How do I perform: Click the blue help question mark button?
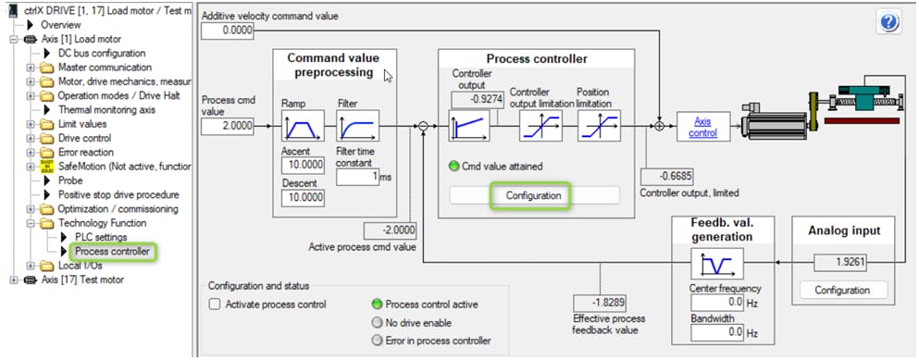[x=888, y=23]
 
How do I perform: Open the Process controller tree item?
[x=113, y=252]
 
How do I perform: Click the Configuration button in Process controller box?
[x=533, y=196]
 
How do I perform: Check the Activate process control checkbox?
[x=215, y=304]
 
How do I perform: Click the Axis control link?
[x=702, y=127]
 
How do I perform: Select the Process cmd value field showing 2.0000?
[x=227, y=126]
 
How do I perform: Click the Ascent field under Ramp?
[x=303, y=166]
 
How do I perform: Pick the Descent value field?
[x=303, y=198]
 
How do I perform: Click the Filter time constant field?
[x=357, y=177]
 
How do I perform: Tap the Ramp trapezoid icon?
[x=303, y=126]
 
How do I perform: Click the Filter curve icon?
[x=357, y=126]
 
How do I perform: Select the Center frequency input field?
[x=717, y=303]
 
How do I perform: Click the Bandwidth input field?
[x=717, y=332]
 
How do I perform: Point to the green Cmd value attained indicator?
[x=453, y=166]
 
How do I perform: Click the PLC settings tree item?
[x=101, y=237]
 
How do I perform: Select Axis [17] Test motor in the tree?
[x=82, y=279]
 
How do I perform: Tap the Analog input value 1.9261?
[x=840, y=263]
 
